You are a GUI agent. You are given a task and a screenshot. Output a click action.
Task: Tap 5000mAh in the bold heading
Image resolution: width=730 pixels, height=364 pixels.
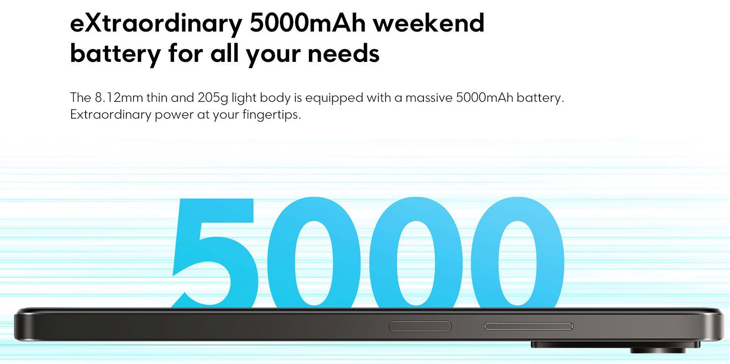(308, 23)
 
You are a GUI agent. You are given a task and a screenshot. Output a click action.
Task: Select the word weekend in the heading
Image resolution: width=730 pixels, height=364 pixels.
(429, 23)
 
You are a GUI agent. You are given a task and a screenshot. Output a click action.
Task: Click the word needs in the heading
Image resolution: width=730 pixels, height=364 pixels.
(344, 53)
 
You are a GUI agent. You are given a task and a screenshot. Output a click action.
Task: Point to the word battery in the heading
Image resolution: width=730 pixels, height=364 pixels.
(115, 54)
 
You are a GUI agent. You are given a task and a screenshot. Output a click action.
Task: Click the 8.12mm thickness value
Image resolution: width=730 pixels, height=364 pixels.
(119, 97)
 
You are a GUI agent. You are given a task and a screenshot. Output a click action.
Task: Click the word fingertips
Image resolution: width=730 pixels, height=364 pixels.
(272, 115)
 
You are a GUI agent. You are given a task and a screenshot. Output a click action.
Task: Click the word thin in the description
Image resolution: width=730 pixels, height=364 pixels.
(157, 97)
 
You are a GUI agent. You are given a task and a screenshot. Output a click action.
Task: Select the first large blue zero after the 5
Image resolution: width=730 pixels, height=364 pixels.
(314, 253)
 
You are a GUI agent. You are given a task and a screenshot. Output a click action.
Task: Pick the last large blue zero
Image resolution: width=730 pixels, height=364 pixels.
(518, 253)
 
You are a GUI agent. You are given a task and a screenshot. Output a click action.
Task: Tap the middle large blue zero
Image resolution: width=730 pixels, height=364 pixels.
(416, 253)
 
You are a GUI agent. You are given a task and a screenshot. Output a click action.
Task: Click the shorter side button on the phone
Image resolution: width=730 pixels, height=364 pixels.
(421, 326)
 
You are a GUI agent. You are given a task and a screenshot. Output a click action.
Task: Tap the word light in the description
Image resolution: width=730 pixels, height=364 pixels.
(243, 98)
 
